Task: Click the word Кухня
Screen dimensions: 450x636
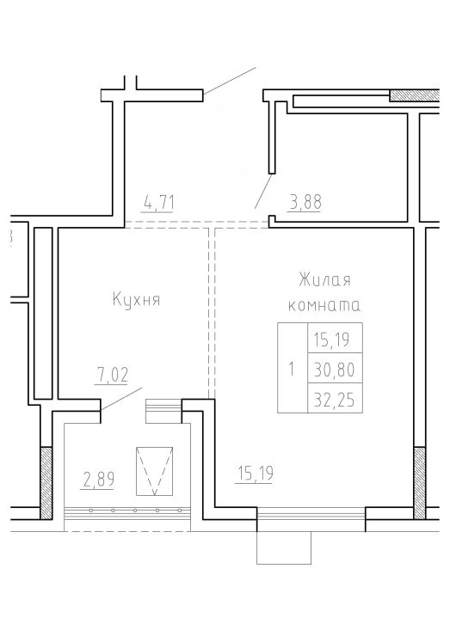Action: click(x=136, y=300)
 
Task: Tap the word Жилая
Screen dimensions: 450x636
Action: click(x=324, y=280)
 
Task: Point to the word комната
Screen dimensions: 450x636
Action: click(x=324, y=305)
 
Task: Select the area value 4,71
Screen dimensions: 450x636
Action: click(x=159, y=203)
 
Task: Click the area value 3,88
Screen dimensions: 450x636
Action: click(x=305, y=202)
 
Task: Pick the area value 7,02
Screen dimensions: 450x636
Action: click(x=112, y=375)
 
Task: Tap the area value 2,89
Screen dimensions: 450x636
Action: click(x=98, y=480)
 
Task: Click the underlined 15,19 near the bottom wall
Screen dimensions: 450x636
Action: click(x=256, y=474)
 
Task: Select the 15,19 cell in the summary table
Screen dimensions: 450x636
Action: click(x=335, y=338)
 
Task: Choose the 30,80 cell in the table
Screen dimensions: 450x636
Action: click(x=335, y=368)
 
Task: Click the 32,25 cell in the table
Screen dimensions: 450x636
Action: click(x=335, y=398)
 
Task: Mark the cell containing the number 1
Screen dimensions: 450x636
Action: click(x=293, y=368)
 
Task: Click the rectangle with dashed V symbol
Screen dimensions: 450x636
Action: click(x=154, y=471)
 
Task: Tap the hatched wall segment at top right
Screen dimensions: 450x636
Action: click(x=414, y=95)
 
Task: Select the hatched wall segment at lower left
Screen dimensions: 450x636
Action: click(x=46, y=483)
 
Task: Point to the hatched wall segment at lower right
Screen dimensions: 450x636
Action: click(x=420, y=483)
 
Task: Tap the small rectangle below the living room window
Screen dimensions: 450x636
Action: click(x=284, y=547)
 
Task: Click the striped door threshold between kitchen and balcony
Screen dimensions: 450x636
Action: click(x=163, y=406)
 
